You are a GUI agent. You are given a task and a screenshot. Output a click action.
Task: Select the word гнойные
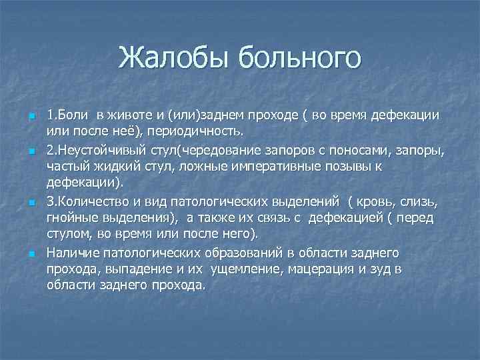[71, 219]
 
